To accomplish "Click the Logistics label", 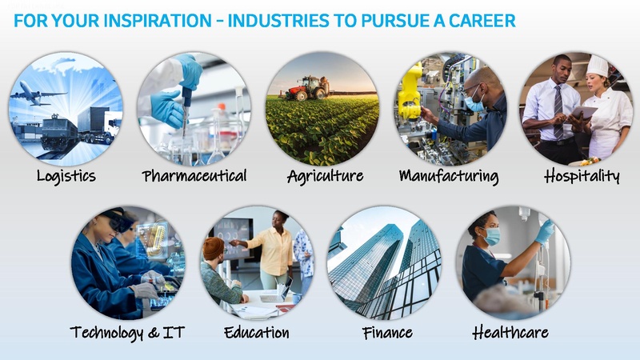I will click(66, 176).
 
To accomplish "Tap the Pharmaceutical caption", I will click(194, 176).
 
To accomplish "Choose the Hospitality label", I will click(582, 176).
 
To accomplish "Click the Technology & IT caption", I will click(127, 332).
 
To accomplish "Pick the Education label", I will click(257, 332).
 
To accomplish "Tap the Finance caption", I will click(386, 332).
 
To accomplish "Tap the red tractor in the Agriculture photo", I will click(307, 89).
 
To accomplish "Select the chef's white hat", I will click(598, 65).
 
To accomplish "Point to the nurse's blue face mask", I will click(491, 236).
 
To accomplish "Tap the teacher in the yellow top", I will click(277, 244).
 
